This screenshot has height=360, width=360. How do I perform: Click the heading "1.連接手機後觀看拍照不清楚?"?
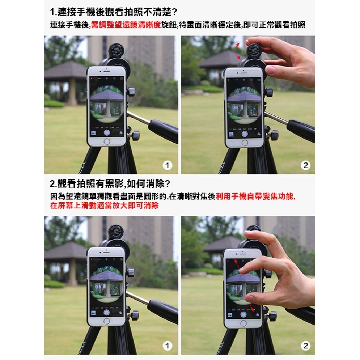[114, 12]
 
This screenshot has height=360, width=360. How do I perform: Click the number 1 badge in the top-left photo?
[167, 165]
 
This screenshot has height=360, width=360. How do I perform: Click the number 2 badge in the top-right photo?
[306, 165]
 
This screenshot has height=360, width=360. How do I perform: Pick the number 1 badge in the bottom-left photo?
[167, 346]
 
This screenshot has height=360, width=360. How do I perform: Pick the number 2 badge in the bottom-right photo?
[306, 346]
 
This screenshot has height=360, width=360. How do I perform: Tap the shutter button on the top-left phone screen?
[107, 132]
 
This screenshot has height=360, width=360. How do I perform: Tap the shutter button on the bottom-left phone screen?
[106, 312]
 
